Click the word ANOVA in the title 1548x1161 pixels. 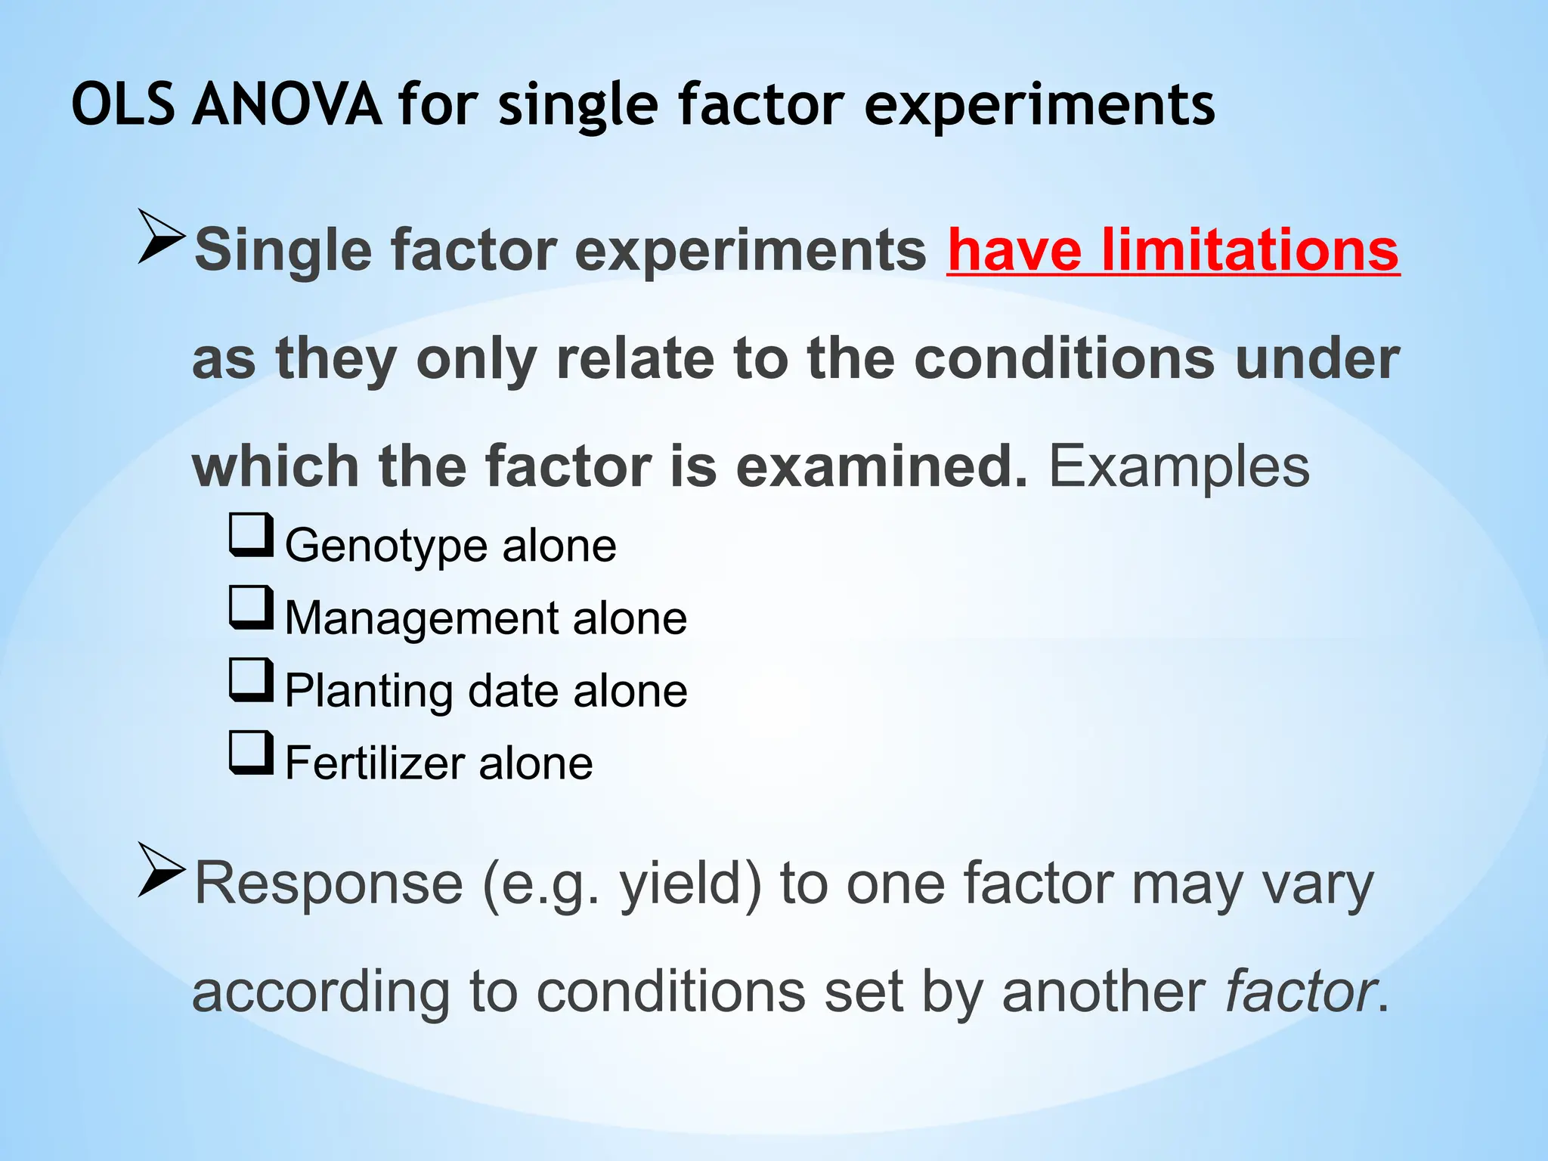tap(286, 104)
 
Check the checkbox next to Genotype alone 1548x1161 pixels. tap(251, 534)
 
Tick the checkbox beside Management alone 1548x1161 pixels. tap(251, 607)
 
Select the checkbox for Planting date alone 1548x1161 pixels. tap(251, 680)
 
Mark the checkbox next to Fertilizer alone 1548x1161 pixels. tap(251, 752)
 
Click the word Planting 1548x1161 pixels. tap(368, 692)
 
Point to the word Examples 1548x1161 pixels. tap(1179, 467)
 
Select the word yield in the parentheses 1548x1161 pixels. tap(681, 884)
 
